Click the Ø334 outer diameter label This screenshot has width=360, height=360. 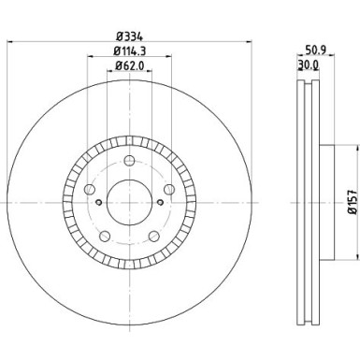pos(129,36)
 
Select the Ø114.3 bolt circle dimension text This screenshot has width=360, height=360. pos(130,51)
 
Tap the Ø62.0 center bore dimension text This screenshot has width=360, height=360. pos(130,66)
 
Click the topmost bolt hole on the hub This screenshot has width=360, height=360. pos(129,158)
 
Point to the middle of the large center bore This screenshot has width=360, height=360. pos(129,199)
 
